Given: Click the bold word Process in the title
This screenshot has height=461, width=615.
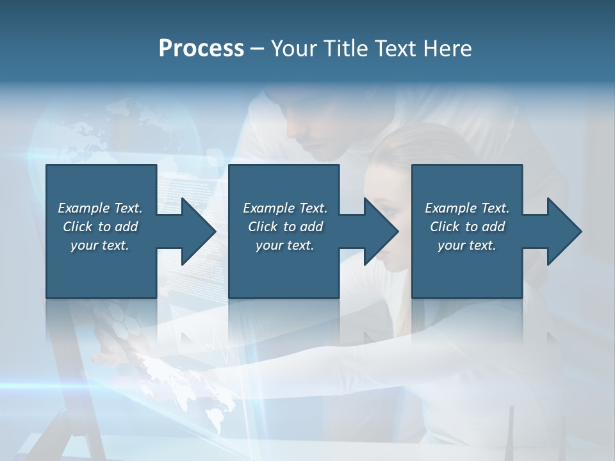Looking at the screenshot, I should tap(201, 49).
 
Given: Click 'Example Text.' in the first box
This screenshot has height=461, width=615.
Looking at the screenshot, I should tap(100, 208).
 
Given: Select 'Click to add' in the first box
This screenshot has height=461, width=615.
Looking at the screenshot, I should tap(100, 227).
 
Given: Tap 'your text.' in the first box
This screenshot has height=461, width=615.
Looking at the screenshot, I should tap(100, 245).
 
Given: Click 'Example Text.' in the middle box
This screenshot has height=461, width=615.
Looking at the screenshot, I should tap(285, 208).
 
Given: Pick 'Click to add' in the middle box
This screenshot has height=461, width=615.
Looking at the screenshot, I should tap(285, 227).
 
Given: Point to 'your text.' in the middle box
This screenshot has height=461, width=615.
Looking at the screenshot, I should tap(285, 245).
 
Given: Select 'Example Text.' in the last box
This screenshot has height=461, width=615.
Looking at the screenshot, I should tap(467, 208).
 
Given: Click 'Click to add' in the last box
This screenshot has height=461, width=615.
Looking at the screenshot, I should tap(467, 227).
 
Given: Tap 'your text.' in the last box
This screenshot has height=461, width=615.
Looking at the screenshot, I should tap(467, 245).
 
